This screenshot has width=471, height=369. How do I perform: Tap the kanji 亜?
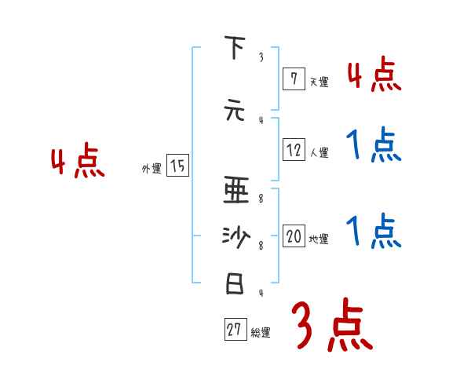click(x=235, y=189)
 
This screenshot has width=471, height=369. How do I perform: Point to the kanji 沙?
click(x=235, y=237)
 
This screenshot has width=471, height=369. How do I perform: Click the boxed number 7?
click(x=293, y=79)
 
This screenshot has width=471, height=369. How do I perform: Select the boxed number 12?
click(x=294, y=151)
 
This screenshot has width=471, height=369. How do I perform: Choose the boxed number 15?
click(x=178, y=166)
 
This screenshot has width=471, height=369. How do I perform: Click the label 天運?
click(x=319, y=82)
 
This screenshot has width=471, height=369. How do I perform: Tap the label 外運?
click(x=151, y=168)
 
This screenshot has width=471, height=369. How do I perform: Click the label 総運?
click(x=261, y=333)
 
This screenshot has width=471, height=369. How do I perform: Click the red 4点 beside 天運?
click(x=374, y=75)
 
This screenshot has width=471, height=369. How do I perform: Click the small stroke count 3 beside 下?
click(x=261, y=57)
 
